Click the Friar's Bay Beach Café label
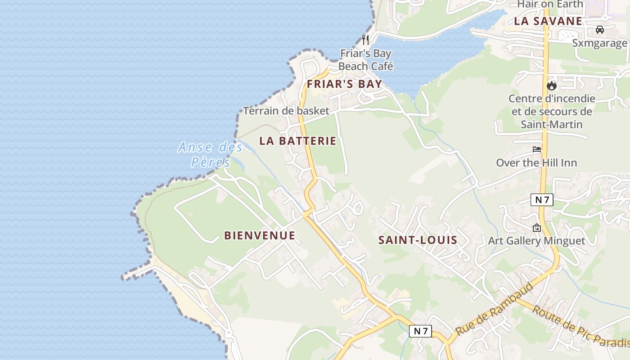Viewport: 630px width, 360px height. (x=365, y=60)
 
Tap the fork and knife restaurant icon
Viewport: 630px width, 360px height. (x=365, y=40)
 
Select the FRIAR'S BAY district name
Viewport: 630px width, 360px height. (x=344, y=84)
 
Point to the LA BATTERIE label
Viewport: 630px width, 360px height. (x=298, y=141)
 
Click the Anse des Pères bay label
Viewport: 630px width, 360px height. (x=211, y=154)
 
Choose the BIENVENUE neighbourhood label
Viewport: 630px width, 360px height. (x=260, y=235)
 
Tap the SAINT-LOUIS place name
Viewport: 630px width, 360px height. (x=418, y=240)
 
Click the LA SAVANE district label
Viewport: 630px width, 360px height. (x=548, y=21)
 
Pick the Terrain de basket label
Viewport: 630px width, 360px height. (x=286, y=111)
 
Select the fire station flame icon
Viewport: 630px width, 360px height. (x=552, y=85)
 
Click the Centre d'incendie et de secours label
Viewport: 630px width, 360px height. (x=552, y=111)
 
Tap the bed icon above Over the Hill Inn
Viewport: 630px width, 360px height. (x=537, y=149)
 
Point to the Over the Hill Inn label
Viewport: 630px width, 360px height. (x=536, y=162)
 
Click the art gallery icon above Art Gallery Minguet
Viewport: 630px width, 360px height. (x=536, y=228)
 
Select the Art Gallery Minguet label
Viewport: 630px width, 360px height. (x=536, y=241)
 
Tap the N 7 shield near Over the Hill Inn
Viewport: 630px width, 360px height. (x=542, y=200)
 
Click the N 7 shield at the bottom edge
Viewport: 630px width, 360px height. (x=421, y=331)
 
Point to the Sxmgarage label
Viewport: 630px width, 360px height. (x=599, y=43)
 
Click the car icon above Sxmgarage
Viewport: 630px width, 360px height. (x=599, y=30)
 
